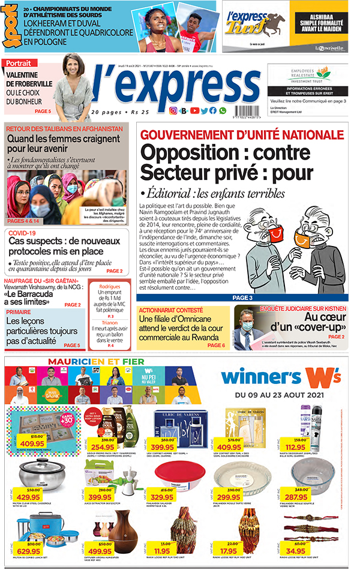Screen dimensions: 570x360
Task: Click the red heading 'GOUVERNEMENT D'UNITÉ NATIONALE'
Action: [233, 135]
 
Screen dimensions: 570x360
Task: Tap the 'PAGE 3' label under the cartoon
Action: [242, 298]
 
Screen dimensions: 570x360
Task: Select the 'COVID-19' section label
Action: [23, 233]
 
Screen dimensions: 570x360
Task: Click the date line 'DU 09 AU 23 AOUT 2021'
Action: [279, 395]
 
